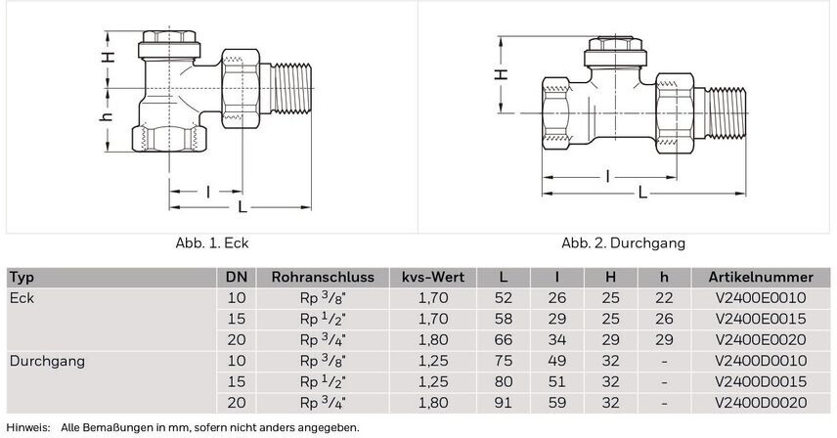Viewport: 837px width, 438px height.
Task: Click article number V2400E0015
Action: tap(761, 319)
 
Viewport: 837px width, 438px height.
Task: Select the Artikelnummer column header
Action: tap(761, 278)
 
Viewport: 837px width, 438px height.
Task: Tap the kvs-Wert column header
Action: tap(433, 278)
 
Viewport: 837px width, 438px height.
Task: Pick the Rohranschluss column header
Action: tap(323, 278)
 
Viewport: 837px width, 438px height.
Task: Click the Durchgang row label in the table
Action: tap(48, 362)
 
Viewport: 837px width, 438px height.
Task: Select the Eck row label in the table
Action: tap(22, 298)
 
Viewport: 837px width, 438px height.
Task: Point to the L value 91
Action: tap(503, 403)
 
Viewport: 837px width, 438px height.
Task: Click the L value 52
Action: tap(503, 298)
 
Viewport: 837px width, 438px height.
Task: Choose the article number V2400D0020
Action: tap(761, 403)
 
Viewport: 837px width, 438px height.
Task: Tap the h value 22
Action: tap(664, 298)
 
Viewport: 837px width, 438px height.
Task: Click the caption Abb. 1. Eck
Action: tap(212, 243)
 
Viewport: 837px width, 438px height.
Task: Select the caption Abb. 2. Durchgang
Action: tap(623, 243)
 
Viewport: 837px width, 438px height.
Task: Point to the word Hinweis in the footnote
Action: tap(27, 428)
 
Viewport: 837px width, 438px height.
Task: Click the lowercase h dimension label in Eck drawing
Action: tap(107, 116)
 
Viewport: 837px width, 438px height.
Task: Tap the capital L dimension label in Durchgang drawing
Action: tap(642, 193)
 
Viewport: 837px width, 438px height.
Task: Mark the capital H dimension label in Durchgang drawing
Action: tap(501, 74)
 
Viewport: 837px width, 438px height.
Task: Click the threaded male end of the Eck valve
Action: tap(291, 88)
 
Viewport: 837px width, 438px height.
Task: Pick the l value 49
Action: tap(556, 361)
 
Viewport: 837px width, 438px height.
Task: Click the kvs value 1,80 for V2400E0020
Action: tap(433, 340)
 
